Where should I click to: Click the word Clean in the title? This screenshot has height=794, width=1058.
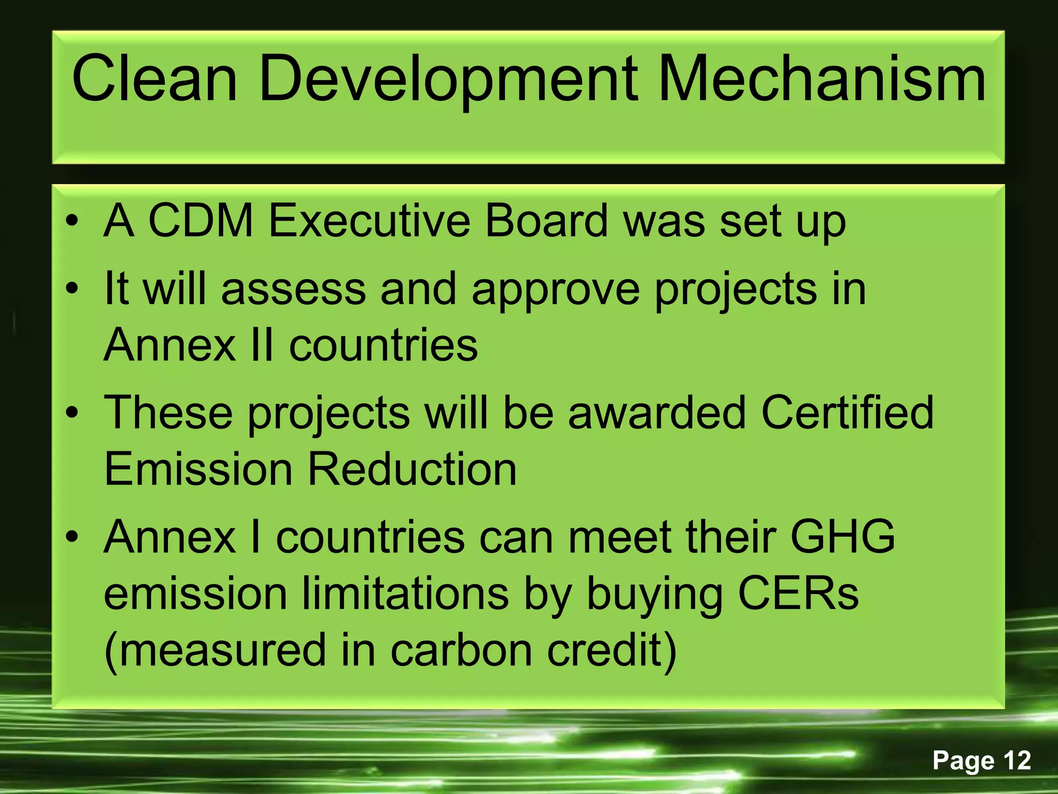(154, 80)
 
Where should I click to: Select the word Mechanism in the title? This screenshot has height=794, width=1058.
(821, 80)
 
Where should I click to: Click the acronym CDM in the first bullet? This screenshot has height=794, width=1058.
(200, 221)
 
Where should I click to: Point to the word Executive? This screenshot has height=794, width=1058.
(369, 221)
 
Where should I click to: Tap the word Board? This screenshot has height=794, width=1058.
(547, 221)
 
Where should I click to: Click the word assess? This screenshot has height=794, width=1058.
(293, 288)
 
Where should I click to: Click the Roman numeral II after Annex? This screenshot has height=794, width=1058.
(261, 345)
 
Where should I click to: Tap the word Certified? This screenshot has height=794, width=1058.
(847, 413)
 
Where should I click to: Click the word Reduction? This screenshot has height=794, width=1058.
(412, 469)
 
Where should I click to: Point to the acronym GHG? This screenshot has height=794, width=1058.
(843, 537)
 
